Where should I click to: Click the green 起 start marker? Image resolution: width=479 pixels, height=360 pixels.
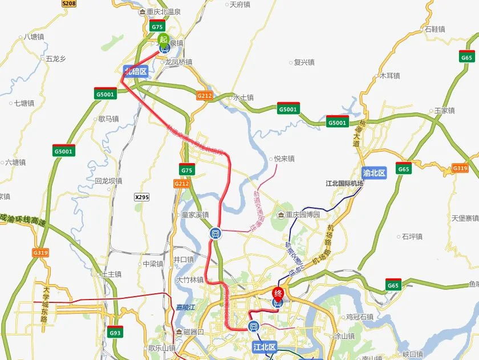(164, 39)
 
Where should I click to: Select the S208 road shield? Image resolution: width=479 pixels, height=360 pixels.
(68, 3)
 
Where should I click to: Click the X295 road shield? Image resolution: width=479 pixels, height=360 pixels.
(142, 197)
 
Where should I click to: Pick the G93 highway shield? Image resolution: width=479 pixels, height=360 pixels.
(115, 332)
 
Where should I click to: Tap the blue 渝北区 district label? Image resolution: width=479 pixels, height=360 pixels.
(374, 172)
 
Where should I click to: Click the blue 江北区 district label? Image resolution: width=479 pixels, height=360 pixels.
(264, 346)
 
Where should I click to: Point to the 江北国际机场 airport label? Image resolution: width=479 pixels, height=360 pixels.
(344, 184)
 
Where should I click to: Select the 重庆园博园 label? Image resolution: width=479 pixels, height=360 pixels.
(302, 215)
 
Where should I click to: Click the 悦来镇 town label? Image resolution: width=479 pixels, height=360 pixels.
(283, 159)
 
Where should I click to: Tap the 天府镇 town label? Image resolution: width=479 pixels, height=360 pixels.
(239, 5)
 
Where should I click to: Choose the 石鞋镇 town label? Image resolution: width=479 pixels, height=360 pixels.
(435, 29)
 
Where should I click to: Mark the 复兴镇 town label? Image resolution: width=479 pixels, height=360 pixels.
(303, 62)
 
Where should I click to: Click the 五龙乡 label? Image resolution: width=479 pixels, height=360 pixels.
(56, 58)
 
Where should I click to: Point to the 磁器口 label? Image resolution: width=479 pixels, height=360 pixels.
(193, 331)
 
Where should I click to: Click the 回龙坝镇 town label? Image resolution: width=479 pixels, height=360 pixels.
(108, 181)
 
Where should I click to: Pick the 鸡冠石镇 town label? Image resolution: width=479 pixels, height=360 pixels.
(360, 317)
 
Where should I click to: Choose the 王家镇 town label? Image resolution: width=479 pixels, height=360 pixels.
(444, 110)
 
